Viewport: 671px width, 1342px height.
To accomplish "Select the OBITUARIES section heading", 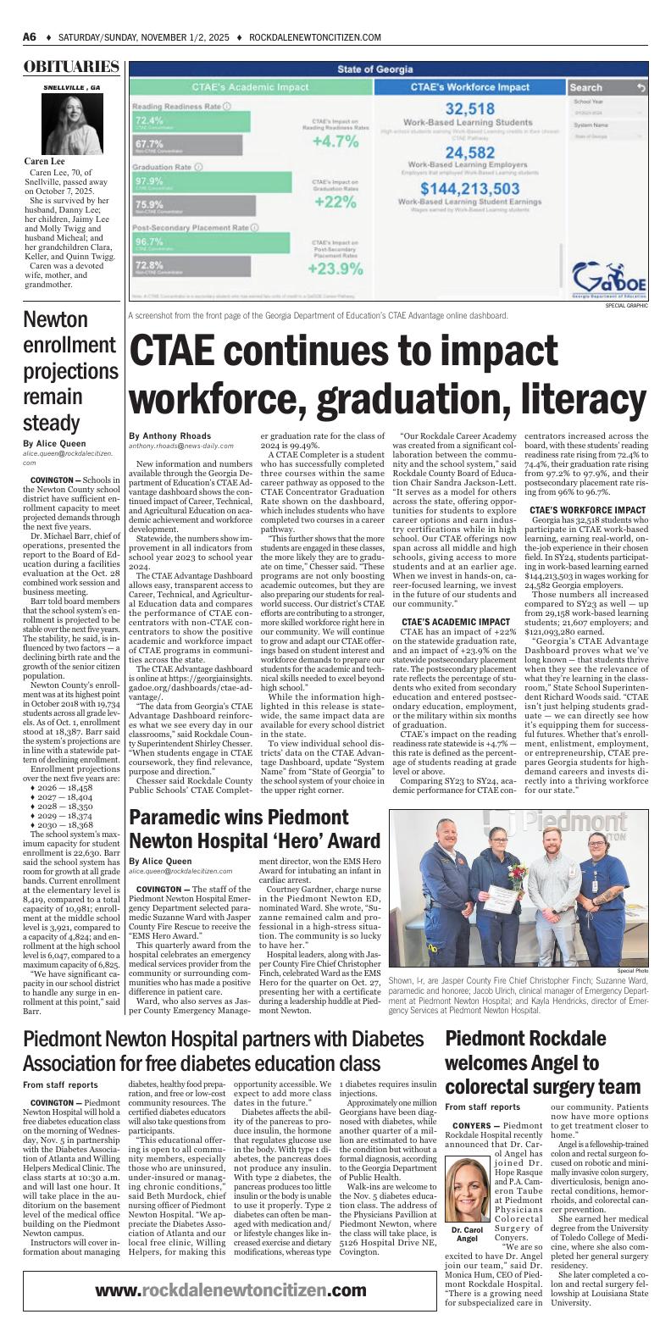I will (71, 67).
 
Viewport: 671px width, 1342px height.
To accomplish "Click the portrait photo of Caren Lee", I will (71, 124).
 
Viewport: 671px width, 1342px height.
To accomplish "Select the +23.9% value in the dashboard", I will (336, 269).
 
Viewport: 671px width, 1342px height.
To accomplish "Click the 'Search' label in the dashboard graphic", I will (586, 87).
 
